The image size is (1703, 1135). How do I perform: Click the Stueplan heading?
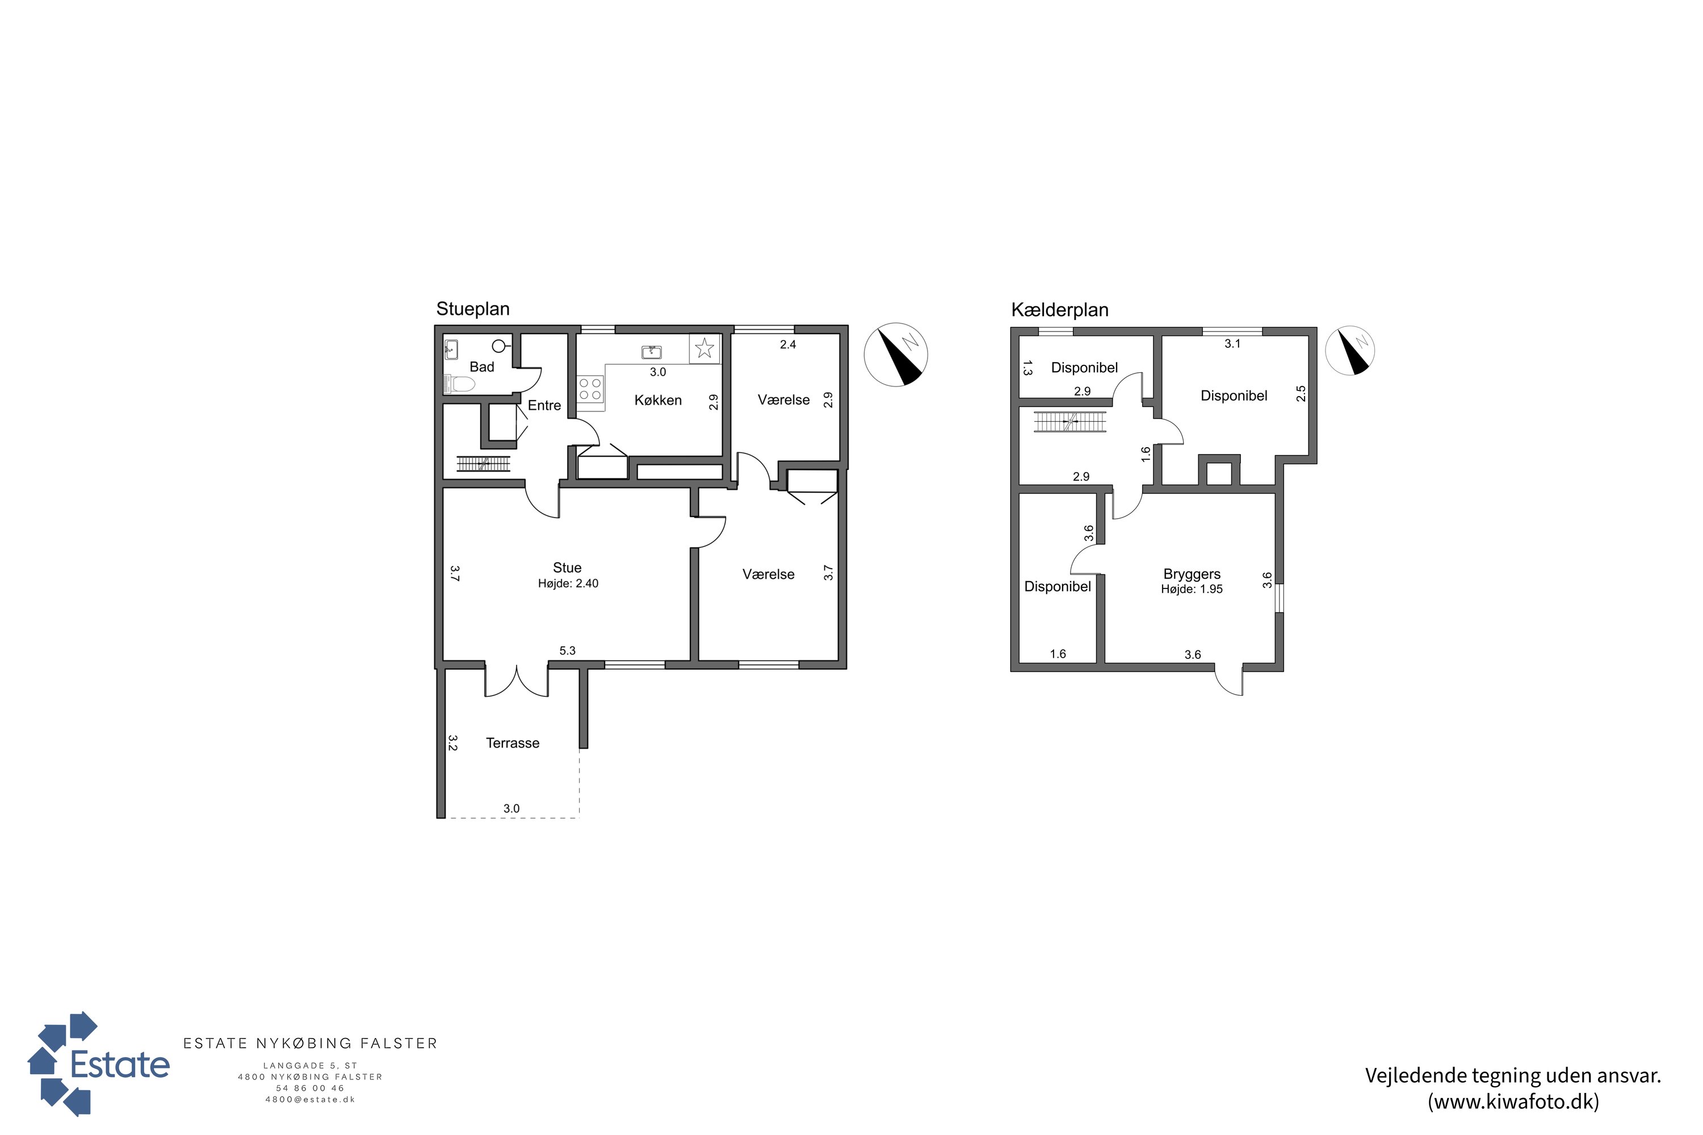tap(473, 309)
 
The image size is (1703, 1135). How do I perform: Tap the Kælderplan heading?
tap(1059, 310)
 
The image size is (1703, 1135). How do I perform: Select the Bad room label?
tap(481, 367)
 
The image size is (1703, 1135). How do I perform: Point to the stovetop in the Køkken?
tap(591, 388)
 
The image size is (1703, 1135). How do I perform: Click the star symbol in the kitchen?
tap(704, 349)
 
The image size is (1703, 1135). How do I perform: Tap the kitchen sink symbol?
tap(652, 352)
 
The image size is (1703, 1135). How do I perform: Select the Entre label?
tap(544, 405)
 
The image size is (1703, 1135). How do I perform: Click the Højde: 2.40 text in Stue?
tap(568, 583)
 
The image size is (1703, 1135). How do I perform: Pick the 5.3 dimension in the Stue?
tap(568, 651)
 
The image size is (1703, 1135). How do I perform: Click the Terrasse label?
tap(513, 743)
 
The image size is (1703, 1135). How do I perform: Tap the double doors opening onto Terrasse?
tap(516, 681)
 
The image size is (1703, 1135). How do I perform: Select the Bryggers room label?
tap(1192, 574)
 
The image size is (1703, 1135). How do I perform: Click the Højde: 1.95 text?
tap(1192, 589)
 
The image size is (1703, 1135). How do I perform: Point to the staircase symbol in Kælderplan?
tap(1070, 421)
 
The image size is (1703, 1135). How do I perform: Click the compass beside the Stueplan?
tap(896, 355)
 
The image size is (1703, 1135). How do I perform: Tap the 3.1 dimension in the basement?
tap(1232, 344)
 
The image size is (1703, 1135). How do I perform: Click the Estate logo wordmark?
tap(119, 1065)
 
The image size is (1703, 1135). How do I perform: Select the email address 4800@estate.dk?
tap(310, 1100)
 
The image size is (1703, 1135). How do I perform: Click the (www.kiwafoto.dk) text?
tap(1513, 1102)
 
